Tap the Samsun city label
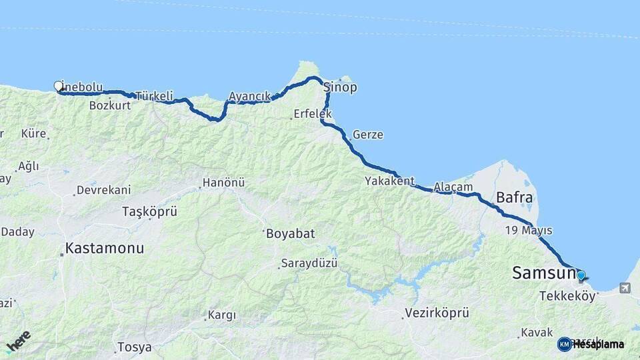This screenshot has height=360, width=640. (543, 273)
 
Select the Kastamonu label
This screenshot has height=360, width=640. (104, 249)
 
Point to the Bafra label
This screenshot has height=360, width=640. (514, 197)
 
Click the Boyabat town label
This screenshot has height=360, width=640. (290, 234)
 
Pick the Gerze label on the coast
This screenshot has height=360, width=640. (368, 135)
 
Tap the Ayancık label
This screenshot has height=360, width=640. (249, 97)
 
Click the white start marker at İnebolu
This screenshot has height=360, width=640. (58, 85)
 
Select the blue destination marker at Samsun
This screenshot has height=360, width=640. (581, 275)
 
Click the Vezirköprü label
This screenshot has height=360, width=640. (437, 313)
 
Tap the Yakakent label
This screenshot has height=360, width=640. (389, 181)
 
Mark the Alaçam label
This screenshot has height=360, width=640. (453, 187)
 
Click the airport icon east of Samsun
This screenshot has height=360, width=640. (625, 288)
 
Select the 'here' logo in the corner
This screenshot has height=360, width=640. (19, 341)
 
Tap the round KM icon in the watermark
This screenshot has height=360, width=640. (564, 344)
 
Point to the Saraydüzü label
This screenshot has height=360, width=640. (309, 263)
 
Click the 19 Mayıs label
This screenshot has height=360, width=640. (529, 231)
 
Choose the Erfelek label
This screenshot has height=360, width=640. (312, 115)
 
